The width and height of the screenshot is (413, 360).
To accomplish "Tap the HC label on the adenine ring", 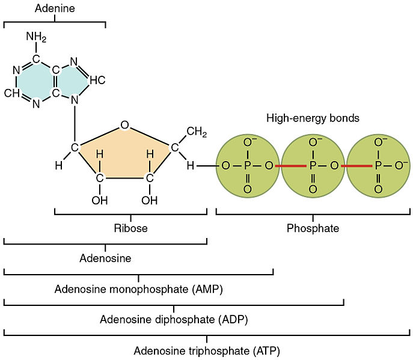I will (98, 80).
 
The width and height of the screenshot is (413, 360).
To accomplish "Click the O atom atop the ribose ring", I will (124, 125).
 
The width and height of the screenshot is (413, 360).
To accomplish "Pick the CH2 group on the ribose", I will (196, 132).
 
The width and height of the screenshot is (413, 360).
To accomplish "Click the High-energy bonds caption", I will (313, 118).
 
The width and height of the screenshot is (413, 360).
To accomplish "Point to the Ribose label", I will (130, 228).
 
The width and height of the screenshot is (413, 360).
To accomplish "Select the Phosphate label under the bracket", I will (313, 228).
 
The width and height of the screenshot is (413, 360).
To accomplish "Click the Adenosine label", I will (105, 258).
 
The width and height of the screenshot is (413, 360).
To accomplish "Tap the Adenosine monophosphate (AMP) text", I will (139, 289).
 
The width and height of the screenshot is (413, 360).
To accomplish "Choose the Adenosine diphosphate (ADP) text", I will (174, 319).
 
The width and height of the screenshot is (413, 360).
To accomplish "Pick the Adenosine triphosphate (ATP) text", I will (207, 350).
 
